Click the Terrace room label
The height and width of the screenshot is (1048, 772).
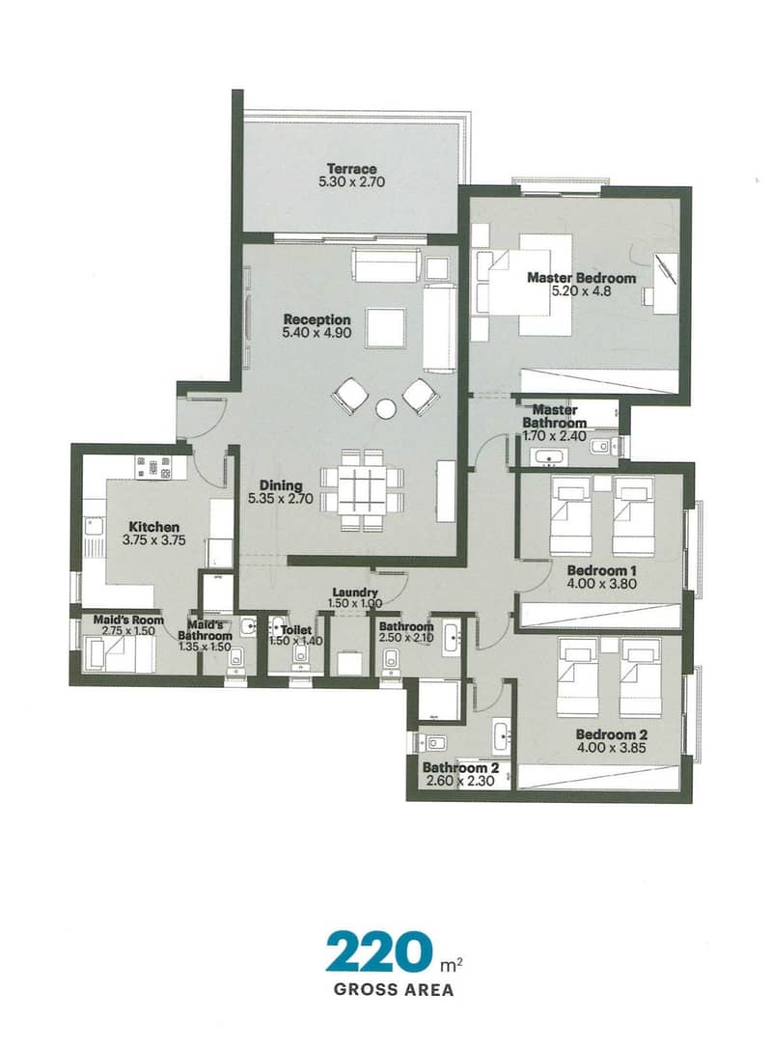coord(351,169)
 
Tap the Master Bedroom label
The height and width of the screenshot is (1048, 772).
coord(582,277)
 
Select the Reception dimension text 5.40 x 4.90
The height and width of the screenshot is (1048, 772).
coord(317,332)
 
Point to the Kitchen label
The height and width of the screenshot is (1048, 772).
coord(153,527)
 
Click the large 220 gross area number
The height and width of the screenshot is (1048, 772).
coord(375,951)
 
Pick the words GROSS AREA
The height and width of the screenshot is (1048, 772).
coord(394,990)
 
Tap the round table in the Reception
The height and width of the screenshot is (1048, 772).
coord(385,408)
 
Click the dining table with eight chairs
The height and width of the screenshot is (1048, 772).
coord(362,491)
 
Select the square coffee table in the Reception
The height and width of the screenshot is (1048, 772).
coord(386,328)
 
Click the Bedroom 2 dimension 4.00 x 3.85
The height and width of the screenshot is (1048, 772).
coord(611,748)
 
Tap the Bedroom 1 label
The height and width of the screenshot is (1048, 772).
coord(601,570)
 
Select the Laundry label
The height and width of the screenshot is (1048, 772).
coord(355,593)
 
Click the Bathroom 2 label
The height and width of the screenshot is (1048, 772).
coord(460,768)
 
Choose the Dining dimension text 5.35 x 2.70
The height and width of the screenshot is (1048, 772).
coord(281,498)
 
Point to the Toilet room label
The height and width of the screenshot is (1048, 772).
coord(296,630)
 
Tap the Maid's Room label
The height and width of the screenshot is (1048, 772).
coord(128,621)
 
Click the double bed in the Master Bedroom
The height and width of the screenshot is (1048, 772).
coord(525,284)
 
